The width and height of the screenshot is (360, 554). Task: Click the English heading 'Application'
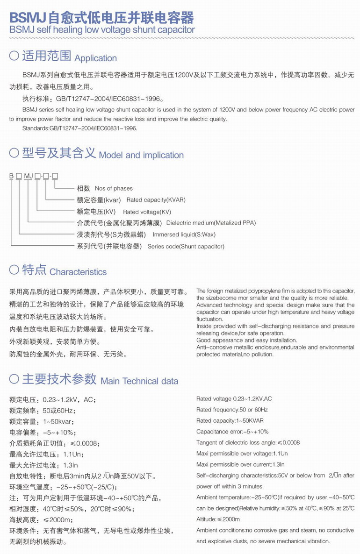pyautogui.click(x=95, y=58)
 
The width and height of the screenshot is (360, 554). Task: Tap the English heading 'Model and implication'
pyautogui.click(x=141, y=155)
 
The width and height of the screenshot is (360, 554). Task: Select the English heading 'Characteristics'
pyautogui.click(x=78, y=272)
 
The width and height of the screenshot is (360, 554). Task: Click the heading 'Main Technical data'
pyautogui.click(x=139, y=381)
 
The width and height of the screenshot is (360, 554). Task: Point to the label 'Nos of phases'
pyautogui.click(x=114, y=188)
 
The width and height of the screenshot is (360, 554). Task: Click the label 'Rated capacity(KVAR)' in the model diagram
pyautogui.click(x=156, y=200)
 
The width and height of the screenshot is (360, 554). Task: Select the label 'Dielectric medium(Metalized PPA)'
pyautogui.click(x=211, y=223)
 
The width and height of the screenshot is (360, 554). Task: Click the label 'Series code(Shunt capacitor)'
pyautogui.click(x=186, y=246)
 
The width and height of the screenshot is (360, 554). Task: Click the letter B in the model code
pyautogui.click(x=11, y=176)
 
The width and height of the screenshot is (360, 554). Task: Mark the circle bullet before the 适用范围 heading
pyautogui.click(x=14, y=57)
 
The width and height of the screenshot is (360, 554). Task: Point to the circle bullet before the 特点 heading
pyautogui.click(x=14, y=270)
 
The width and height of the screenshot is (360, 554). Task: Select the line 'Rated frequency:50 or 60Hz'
pyautogui.click(x=232, y=410)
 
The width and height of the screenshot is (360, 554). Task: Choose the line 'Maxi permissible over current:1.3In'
pyautogui.click(x=240, y=464)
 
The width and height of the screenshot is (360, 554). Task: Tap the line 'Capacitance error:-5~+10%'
pyautogui.click(x=232, y=432)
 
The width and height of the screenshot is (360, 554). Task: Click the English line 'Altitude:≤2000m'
pyautogui.click(x=218, y=519)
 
